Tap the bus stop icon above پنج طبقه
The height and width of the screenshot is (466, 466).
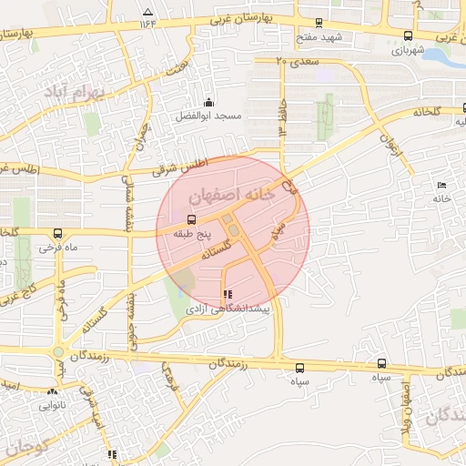pos(191,219)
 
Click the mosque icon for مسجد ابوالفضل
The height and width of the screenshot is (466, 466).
pos(208,102)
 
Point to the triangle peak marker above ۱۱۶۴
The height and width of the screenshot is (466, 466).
pos(148,12)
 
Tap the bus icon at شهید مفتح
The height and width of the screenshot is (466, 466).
pos(318,23)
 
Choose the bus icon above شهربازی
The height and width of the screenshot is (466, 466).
pos(408,36)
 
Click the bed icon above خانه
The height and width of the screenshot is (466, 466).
pos(441,185)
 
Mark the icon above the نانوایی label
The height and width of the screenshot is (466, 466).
pos(53,392)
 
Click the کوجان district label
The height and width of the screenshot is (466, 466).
pos(26,447)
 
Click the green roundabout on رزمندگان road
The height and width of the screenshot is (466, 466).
pos(58,351)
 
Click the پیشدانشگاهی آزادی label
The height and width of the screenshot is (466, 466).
pos(228,310)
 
